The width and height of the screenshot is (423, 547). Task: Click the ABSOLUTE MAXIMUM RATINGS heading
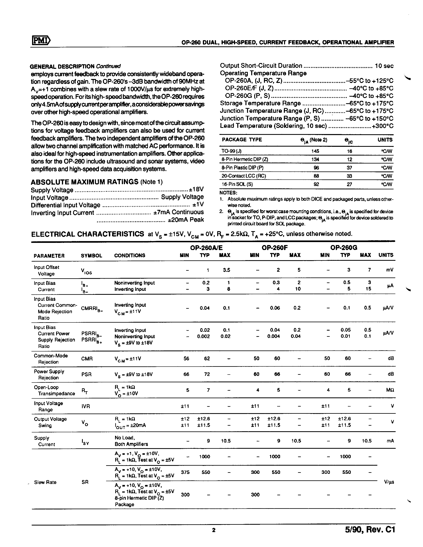(x=84, y=182)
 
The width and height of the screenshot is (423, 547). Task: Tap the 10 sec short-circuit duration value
(x=384, y=66)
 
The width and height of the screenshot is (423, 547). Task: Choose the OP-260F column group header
(x=275, y=248)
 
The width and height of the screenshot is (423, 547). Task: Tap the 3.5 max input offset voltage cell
(x=227, y=270)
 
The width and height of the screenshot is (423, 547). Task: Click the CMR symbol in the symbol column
(x=87, y=359)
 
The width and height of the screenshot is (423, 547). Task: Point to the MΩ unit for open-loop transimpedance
(x=390, y=390)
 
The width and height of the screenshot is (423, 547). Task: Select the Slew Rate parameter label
(x=45, y=482)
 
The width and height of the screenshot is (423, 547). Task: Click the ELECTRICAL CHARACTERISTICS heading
(x=87, y=234)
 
